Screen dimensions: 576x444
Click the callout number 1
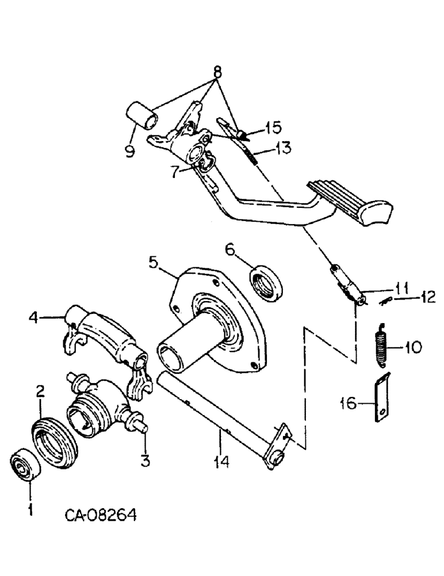point(30,509)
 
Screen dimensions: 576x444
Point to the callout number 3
point(146,461)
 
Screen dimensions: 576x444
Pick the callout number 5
point(154,262)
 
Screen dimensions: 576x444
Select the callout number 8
point(217,73)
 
